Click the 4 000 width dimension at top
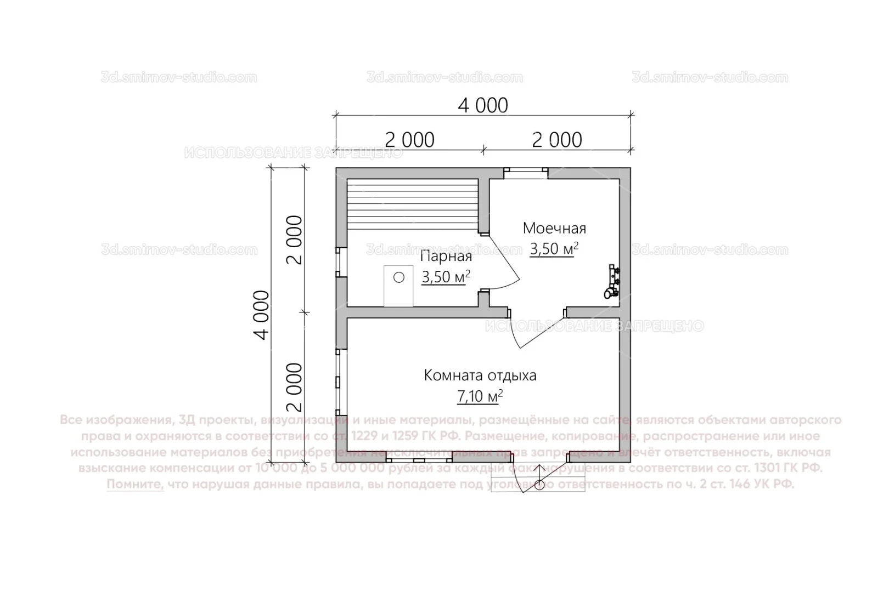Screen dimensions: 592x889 pos(483,105)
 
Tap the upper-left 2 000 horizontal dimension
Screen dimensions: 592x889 pos(409,140)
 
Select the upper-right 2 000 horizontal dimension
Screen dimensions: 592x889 pos(557,140)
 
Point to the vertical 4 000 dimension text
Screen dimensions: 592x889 pos(262,315)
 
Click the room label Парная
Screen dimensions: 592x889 pos(446,257)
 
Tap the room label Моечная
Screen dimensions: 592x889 pos(554,227)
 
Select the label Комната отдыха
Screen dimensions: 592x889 pos(480,375)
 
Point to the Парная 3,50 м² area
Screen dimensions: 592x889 pos(446,277)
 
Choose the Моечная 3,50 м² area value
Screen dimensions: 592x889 pos(554,249)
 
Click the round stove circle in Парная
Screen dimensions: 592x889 pos(399,278)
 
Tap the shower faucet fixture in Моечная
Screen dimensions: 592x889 pos(612,282)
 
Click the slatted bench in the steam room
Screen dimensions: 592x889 pos(412,206)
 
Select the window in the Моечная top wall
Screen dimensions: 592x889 pos(526,173)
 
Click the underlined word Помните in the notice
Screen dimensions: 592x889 pos(135,485)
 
